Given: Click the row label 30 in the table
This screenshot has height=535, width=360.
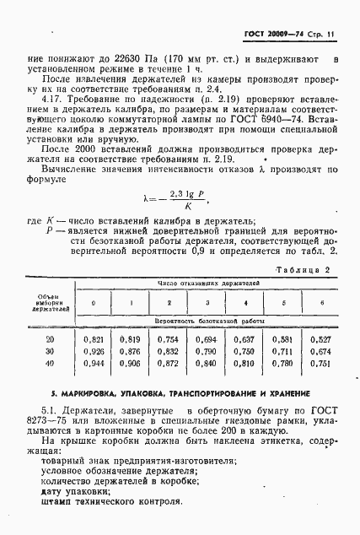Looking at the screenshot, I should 51,350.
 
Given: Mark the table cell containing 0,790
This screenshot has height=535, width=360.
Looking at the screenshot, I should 207,350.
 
